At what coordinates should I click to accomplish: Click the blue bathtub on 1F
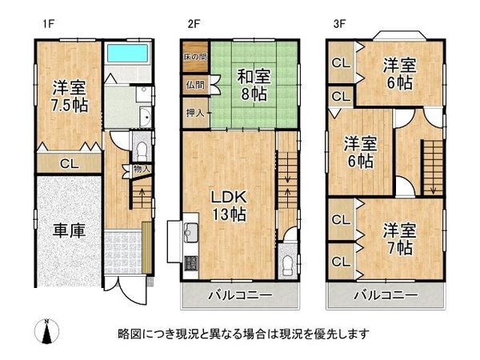[x=127, y=53]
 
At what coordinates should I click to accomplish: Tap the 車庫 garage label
[x=69, y=230]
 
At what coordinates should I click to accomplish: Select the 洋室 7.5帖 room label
[x=69, y=97]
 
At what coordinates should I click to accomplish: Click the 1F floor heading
[x=49, y=24]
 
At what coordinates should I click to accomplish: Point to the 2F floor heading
[x=194, y=24]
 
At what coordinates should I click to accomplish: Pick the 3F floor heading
[x=339, y=24]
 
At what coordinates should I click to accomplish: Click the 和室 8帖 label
[x=254, y=85]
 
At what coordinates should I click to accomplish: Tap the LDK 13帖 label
[x=229, y=206]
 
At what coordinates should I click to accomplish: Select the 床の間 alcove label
[x=195, y=57]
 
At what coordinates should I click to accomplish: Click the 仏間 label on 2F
[x=195, y=85]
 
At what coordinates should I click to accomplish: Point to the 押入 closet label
[x=195, y=114]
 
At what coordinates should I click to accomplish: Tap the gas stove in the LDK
[x=191, y=263]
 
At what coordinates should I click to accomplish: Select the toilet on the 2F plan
[x=288, y=265]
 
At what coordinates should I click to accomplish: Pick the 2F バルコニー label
[x=240, y=295]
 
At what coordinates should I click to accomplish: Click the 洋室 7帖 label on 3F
[x=399, y=239]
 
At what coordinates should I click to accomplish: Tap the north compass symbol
[x=47, y=331]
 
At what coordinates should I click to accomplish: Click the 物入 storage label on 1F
[x=142, y=169]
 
